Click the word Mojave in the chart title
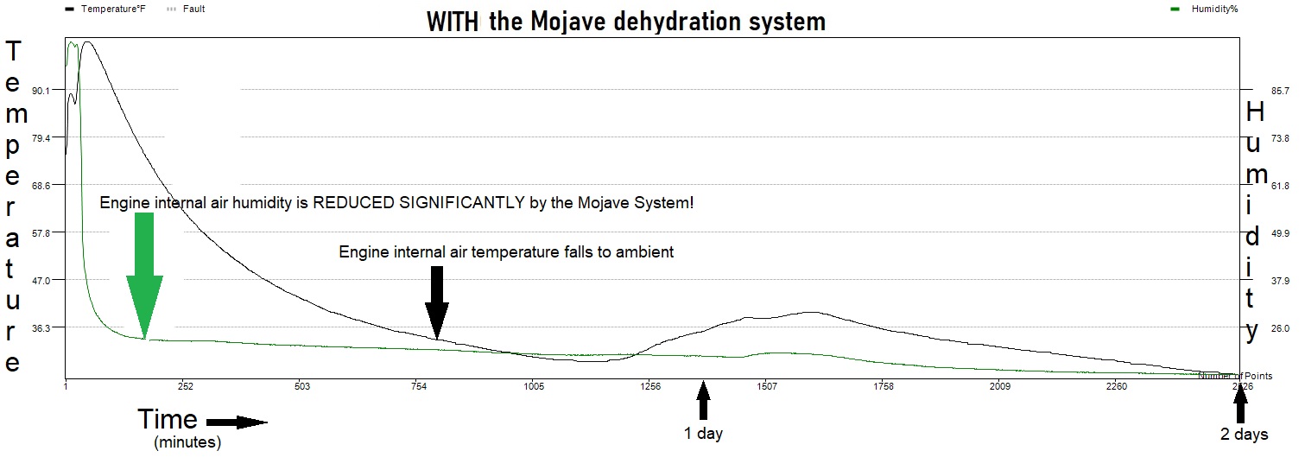click(557, 21)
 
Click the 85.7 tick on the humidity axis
click(1257, 91)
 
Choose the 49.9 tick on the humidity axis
click(1257, 233)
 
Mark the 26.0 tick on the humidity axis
click(1257, 328)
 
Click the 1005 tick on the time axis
click(534, 386)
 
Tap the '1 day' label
click(703, 434)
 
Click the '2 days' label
click(1244, 434)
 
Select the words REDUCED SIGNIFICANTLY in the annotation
click(418, 203)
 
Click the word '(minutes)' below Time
click(187, 443)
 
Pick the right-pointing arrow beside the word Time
click(238, 422)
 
